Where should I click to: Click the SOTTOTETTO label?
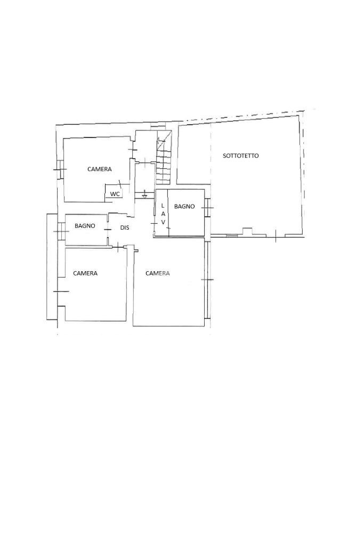(x=240, y=156)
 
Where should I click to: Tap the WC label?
(x=115, y=194)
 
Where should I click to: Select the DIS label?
(x=125, y=227)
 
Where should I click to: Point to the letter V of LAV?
(x=163, y=223)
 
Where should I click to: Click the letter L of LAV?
(x=163, y=206)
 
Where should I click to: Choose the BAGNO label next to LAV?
(x=184, y=207)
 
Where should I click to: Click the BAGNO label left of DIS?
(x=85, y=226)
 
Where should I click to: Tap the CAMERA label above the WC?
(x=100, y=169)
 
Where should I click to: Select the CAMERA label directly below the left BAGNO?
(x=85, y=273)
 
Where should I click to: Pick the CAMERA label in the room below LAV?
(x=158, y=273)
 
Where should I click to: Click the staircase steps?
(x=164, y=161)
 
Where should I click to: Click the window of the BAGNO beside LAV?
(x=207, y=207)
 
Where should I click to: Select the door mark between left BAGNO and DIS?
(x=108, y=230)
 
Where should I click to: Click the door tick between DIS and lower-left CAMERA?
(x=119, y=247)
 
